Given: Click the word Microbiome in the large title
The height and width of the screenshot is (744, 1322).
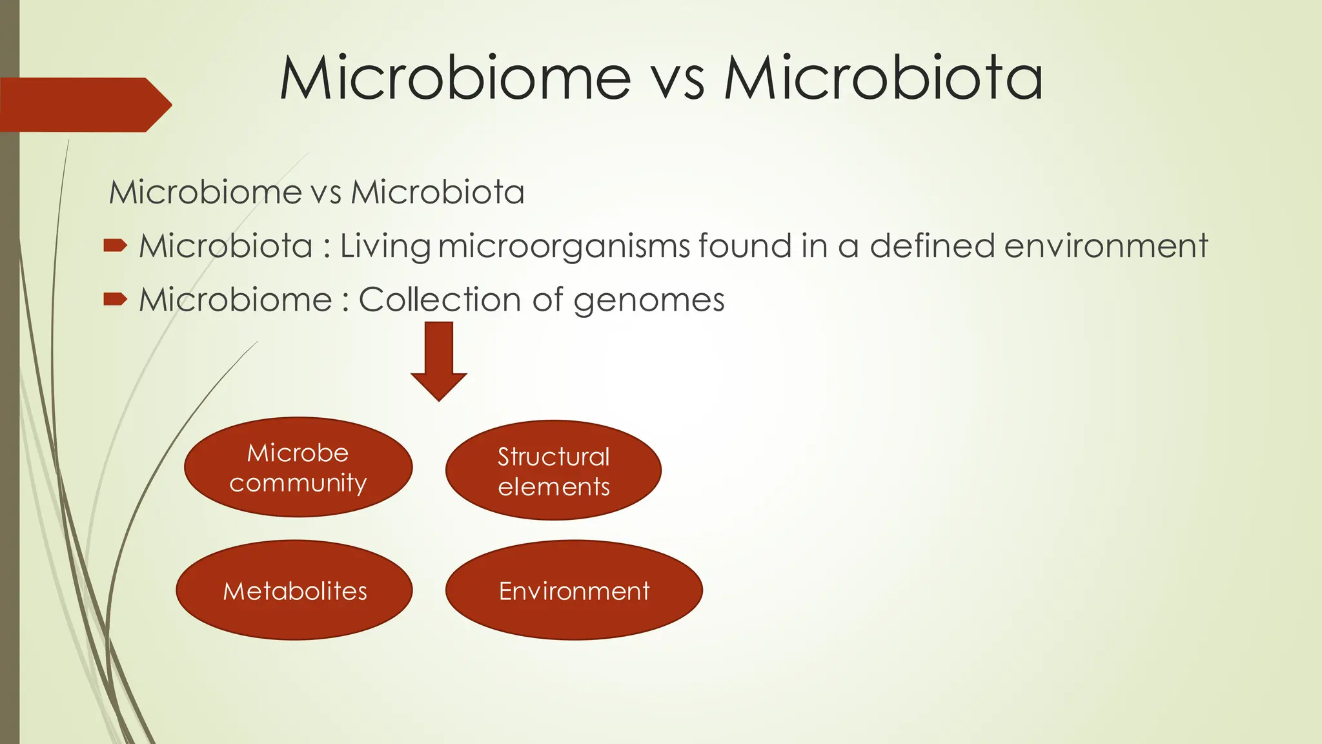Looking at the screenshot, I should point(455,78).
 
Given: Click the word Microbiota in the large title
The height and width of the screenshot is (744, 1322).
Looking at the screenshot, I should point(882,78).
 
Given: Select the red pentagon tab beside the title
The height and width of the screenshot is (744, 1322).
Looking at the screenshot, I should point(84,105).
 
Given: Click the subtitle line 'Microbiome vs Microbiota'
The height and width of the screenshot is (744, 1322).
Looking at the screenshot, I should point(316,192).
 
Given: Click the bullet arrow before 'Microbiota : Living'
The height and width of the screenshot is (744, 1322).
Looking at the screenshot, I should point(115,245).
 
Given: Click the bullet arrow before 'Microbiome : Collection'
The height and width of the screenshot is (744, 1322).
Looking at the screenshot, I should point(115,299).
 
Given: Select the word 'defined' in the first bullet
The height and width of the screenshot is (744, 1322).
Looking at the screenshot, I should point(932,246).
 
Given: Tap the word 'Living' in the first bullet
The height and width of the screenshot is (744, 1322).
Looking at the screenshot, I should point(385,247).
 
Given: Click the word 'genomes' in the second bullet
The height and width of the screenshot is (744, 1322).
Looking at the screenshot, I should point(649,301).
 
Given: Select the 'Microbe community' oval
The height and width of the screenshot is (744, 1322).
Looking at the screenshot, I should point(298,467).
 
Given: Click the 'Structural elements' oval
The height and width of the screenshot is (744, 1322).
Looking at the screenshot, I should point(553,470).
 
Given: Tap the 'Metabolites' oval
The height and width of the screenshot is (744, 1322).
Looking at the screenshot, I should point(294,590).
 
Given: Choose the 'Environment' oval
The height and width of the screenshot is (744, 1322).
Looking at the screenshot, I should point(574,590).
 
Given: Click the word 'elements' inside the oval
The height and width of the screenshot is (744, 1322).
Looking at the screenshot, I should point(554,487).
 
